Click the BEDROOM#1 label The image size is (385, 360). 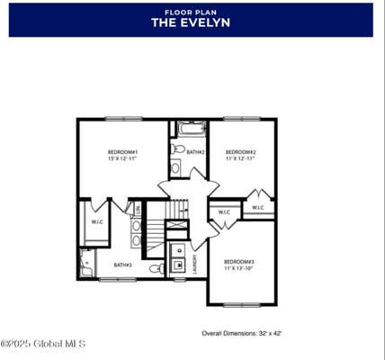pos(122,152)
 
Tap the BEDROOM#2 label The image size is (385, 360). pos(241,152)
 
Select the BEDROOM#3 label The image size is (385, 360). pos(239,261)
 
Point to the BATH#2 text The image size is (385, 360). pos(196,152)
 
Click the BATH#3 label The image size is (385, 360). pos(122,265)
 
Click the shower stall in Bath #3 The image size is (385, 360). pos(86,263)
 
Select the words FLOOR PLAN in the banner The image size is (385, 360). pos(191,12)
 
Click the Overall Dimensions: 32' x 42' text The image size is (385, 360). pos(242,333)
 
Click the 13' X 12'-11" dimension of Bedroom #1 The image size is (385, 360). pos(122,159)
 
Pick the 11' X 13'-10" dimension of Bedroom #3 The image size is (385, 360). pos(239,268)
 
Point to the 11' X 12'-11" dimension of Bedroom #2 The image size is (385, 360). pos(241,159)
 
